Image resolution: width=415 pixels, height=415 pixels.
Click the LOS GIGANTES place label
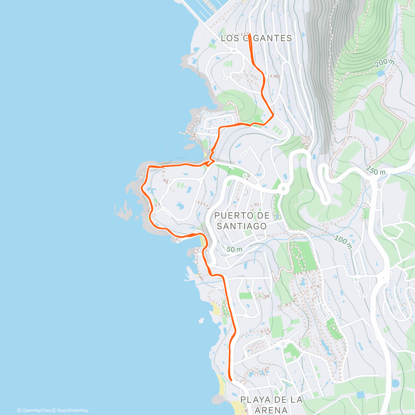coord(256,38)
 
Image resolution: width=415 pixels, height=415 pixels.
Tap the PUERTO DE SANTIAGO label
coord(242,221)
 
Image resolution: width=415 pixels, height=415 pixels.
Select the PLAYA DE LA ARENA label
coord(271,405)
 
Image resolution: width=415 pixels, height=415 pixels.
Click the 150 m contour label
coord(376,170)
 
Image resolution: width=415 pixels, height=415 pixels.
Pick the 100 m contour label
coord(343,242)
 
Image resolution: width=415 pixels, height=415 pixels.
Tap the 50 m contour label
coord(234,249)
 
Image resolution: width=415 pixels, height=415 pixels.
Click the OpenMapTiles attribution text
coord(34,411)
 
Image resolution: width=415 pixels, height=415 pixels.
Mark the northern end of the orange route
coord(249,35)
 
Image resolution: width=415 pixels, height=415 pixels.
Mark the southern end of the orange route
coord(230,379)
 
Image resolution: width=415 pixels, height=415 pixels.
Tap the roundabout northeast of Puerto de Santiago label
coord(284,189)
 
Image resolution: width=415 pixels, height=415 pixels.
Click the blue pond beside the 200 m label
coord(381,73)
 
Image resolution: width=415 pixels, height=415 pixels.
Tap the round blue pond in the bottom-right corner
coord(395,383)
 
